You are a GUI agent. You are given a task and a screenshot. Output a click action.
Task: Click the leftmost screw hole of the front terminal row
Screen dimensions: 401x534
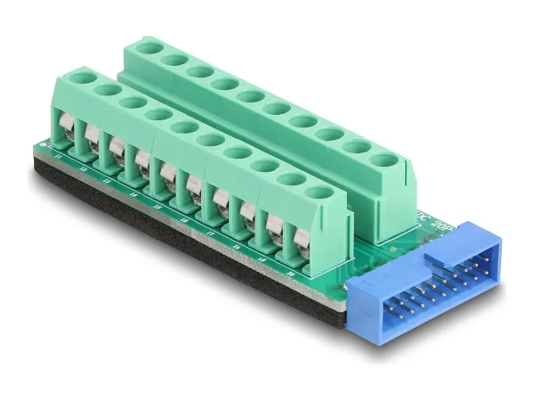click(x=83, y=78)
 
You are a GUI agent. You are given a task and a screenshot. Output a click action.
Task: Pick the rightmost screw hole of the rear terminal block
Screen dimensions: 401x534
click(x=385, y=162)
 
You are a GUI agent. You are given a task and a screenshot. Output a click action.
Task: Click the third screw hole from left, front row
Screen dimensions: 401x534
click(x=132, y=102)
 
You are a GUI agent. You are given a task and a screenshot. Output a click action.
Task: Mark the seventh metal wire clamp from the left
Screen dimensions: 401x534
click(x=219, y=206)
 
